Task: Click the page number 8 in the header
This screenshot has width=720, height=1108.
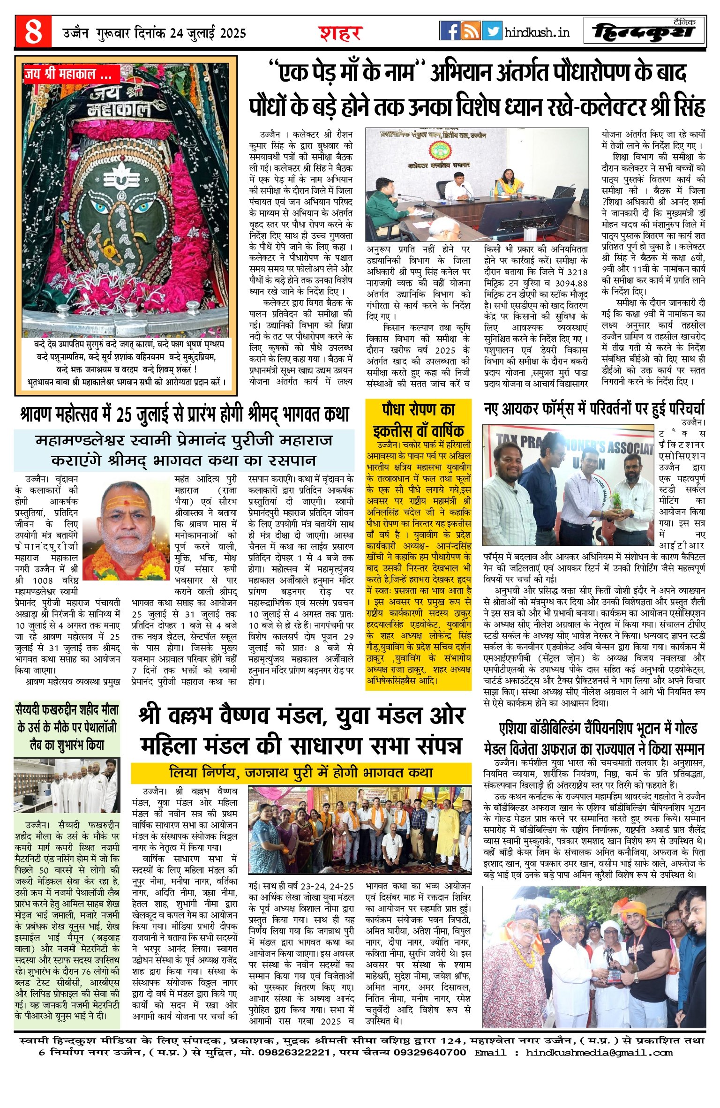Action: pyautogui.click(x=33, y=32)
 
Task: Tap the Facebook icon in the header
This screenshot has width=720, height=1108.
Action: pyautogui.click(x=450, y=31)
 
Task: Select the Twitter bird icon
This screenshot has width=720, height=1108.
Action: pyautogui.click(x=492, y=31)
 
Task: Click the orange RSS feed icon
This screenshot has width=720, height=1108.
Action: pyautogui.click(x=471, y=31)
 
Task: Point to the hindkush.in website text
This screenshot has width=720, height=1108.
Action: pyautogui.click(x=537, y=32)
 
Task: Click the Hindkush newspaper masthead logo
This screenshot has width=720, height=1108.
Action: pyautogui.click(x=644, y=31)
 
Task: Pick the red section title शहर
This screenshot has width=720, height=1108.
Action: pyautogui.click(x=341, y=33)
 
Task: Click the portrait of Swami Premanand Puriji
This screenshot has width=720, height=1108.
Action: pyautogui.click(x=126, y=529)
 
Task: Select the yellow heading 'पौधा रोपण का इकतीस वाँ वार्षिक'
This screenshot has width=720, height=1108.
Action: pyautogui.click(x=418, y=420)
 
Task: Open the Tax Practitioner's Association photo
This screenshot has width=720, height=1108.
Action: pyautogui.click(x=568, y=484)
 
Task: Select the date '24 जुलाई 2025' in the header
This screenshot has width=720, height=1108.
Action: pyautogui.click(x=208, y=33)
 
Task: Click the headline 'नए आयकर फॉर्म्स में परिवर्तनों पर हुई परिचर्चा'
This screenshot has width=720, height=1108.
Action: pyautogui.click(x=594, y=408)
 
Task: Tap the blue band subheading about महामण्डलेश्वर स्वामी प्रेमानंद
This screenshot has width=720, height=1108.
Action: pyautogui.click(x=184, y=450)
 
